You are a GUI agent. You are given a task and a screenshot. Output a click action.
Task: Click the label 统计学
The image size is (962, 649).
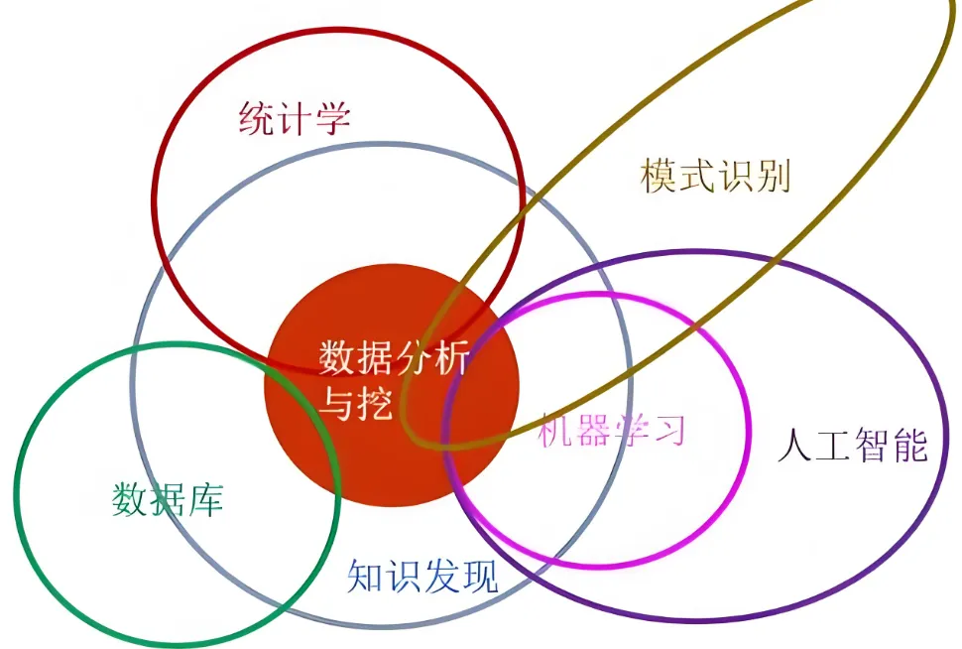(295, 120)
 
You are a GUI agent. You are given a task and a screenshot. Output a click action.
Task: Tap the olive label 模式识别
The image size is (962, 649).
(715, 177)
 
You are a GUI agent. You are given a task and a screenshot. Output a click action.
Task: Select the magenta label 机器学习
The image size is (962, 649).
(612, 430)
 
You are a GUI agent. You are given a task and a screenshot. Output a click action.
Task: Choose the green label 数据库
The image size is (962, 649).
(168, 498)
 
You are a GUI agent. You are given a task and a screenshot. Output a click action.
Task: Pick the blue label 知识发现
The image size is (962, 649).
(422, 576)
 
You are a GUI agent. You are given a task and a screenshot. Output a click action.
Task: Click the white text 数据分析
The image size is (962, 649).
(395, 358)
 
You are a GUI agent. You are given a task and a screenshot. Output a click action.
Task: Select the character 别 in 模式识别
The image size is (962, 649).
(772, 177)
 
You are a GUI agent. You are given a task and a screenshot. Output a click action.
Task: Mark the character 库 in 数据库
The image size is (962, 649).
(205, 498)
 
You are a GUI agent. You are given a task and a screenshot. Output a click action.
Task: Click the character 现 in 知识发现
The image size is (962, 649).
(480, 576)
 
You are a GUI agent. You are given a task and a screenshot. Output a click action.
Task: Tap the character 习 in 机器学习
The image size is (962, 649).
(668, 430)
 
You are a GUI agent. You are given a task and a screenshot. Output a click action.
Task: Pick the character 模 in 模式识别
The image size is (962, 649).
(660, 177)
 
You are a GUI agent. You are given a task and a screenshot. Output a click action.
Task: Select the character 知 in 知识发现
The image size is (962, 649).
(366, 576)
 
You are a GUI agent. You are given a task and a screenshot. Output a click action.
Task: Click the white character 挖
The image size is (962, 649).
(377, 403)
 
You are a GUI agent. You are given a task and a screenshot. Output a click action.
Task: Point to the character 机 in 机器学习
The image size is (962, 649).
(556, 430)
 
